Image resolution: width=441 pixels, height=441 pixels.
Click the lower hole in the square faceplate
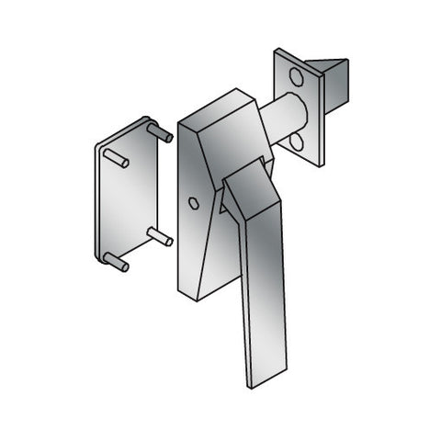point(297,140)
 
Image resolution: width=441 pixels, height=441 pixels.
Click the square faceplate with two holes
point(296,107)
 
